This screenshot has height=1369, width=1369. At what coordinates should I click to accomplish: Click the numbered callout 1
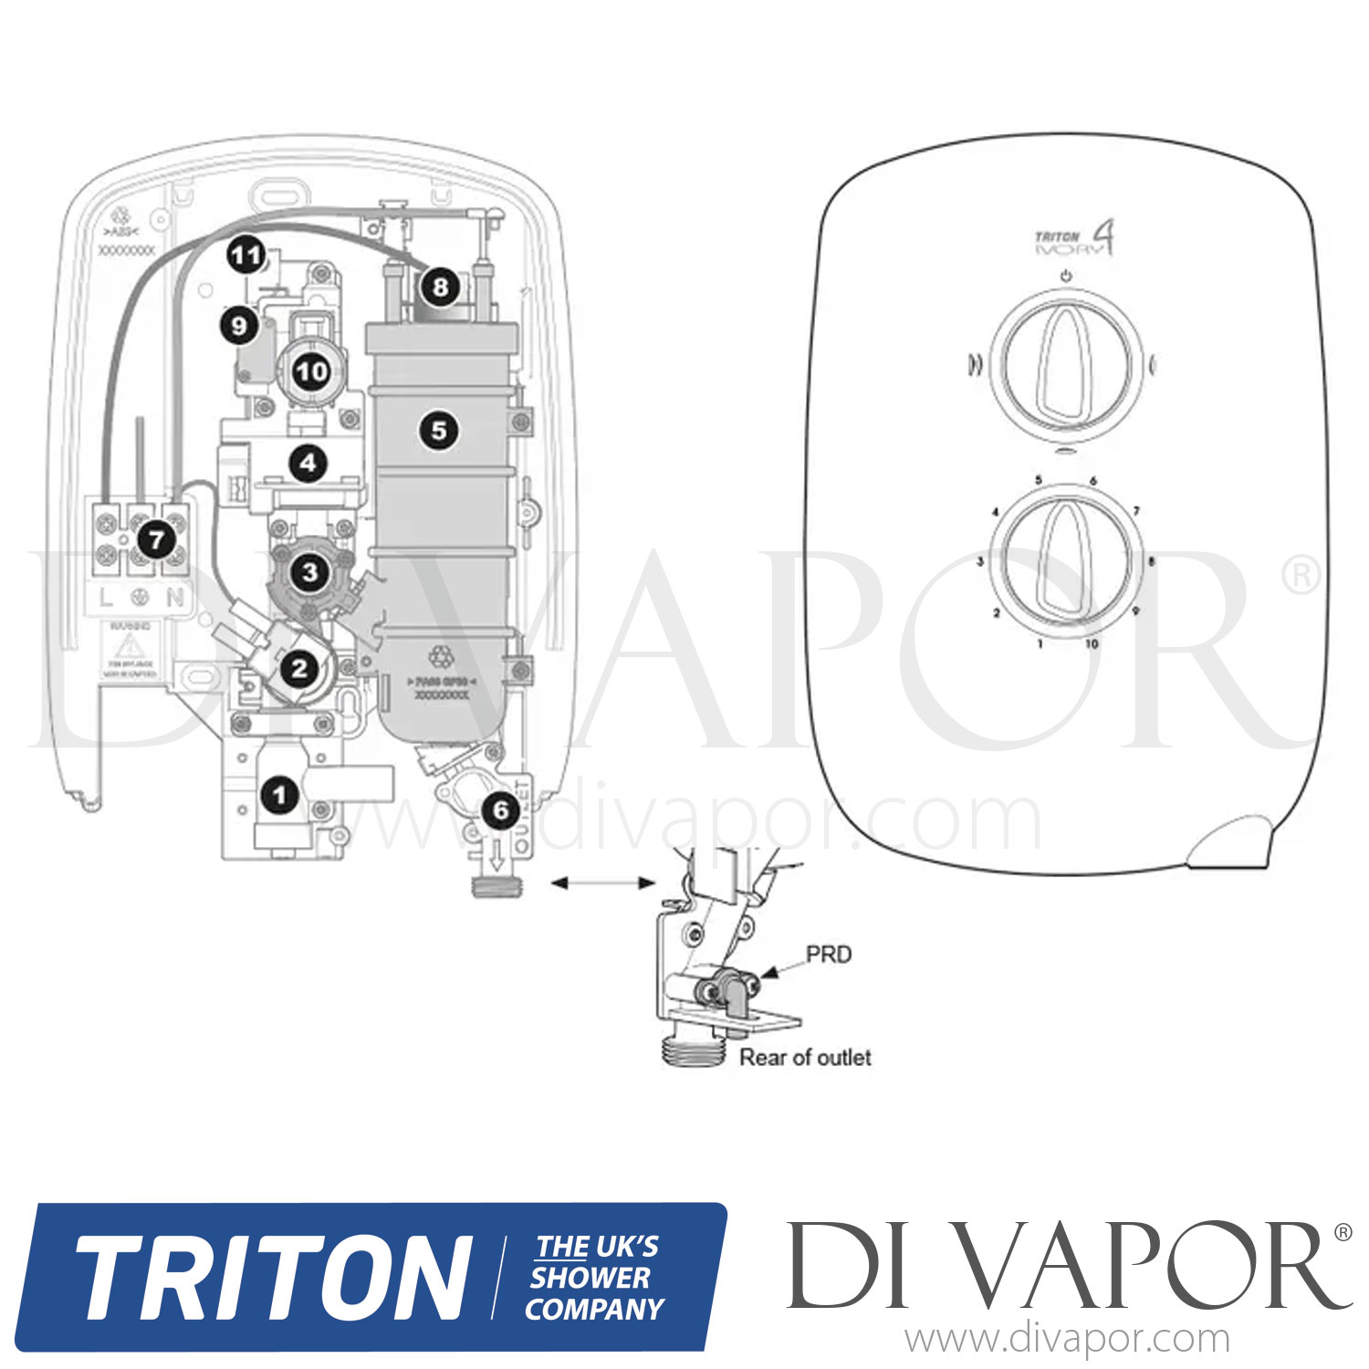280,795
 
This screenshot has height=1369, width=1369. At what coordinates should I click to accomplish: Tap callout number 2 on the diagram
299,669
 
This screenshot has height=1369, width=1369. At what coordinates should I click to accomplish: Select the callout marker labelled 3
310,572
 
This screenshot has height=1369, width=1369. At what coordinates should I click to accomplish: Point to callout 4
308,463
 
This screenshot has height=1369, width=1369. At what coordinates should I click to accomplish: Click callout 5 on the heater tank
439,430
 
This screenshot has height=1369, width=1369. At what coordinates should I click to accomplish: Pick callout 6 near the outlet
500,810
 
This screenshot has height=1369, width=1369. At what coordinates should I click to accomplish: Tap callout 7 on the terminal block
156,539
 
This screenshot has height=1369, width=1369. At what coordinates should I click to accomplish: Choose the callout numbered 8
441,287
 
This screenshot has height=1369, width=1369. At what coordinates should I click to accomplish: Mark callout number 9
239,325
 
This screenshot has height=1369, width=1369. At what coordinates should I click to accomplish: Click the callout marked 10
311,371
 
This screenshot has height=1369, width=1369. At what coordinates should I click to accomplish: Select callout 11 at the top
246,255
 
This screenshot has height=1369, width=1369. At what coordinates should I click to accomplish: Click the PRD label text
829,955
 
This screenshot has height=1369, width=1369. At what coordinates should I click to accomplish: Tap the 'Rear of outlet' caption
805,1057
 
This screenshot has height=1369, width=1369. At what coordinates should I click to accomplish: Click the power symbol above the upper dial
1066,276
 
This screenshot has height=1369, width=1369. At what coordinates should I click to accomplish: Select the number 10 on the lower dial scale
1092,643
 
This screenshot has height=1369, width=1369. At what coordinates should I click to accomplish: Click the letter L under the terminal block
107,599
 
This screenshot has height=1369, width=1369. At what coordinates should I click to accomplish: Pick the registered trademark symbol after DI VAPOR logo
1343,1233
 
